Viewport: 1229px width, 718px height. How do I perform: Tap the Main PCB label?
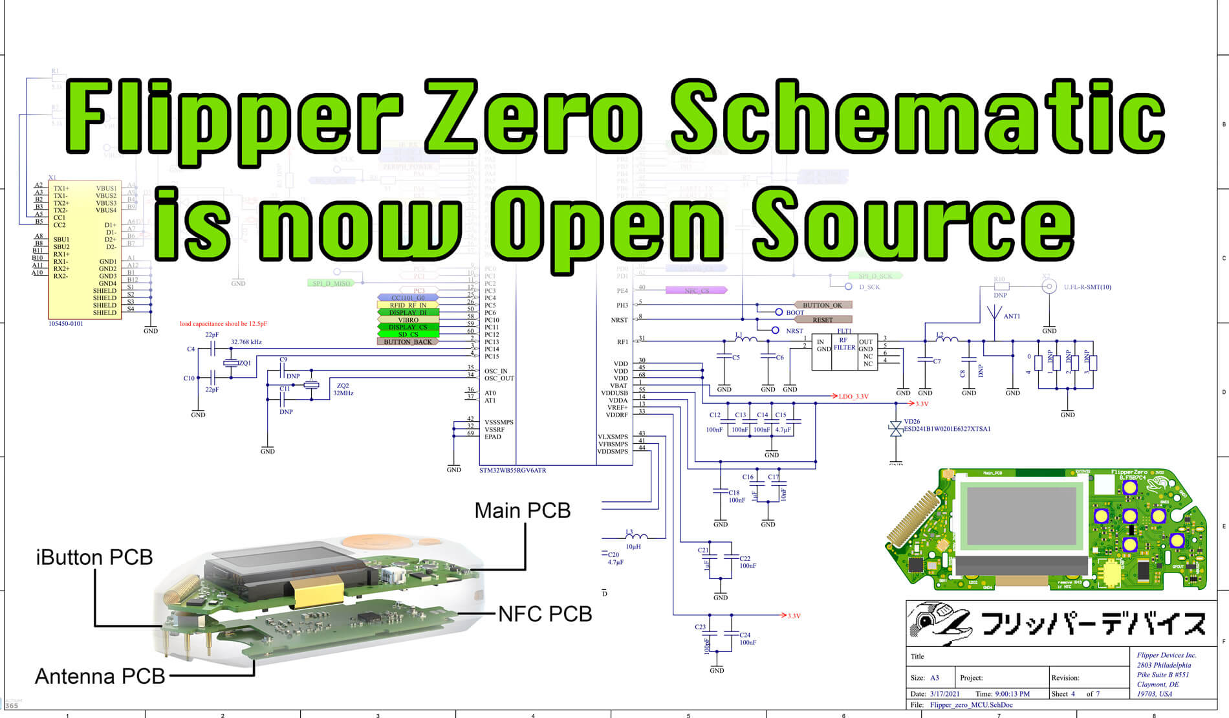pyautogui.click(x=523, y=510)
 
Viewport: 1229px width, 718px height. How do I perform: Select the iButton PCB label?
pyautogui.click(x=94, y=557)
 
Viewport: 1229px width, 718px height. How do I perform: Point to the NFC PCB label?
pyautogui.click(x=545, y=614)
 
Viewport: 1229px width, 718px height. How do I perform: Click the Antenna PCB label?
pyautogui.click(x=100, y=676)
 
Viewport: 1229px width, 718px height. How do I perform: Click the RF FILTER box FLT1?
pyautogui.click(x=843, y=352)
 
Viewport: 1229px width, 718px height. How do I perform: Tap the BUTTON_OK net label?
pyautogui.click(x=822, y=305)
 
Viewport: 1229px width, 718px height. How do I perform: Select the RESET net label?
pyautogui.click(x=822, y=320)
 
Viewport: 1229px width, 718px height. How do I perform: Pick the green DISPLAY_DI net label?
pyautogui.click(x=408, y=312)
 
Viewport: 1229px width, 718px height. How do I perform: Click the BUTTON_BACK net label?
pyautogui.click(x=408, y=342)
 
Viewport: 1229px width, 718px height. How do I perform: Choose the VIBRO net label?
pyautogui.click(x=408, y=320)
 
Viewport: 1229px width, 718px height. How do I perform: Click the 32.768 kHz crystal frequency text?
pyautogui.click(x=246, y=342)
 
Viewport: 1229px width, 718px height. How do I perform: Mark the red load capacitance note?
pyautogui.click(x=223, y=323)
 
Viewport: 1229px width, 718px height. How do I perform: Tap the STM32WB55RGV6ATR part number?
pyautogui.click(x=512, y=470)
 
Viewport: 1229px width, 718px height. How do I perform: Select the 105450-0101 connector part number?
pyautogui.click(x=66, y=323)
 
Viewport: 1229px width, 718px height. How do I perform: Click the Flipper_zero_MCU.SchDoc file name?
pyautogui.click(x=971, y=704)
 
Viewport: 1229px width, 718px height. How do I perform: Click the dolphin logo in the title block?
pyautogui.click(x=939, y=623)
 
